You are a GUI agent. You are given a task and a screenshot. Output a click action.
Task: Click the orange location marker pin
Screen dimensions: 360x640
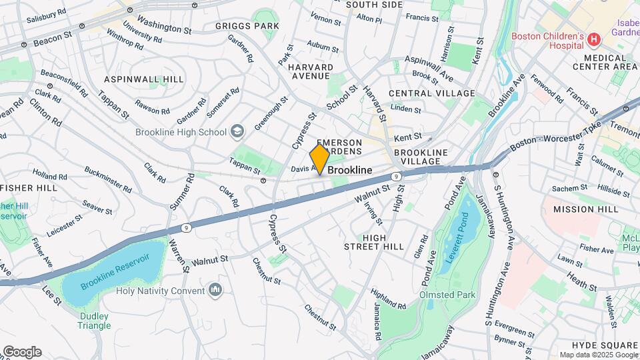click(320, 159)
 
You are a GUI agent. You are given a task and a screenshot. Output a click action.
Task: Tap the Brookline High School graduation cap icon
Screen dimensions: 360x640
click(237, 132)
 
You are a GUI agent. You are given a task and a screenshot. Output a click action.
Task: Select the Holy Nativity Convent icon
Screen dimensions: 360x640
click(215, 290)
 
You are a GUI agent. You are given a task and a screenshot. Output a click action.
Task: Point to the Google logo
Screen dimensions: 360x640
click(21, 352)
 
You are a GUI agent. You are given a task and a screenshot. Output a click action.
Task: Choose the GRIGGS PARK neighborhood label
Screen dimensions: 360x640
click(247, 26)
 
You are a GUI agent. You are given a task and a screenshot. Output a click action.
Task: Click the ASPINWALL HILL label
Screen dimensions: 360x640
click(143, 79)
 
